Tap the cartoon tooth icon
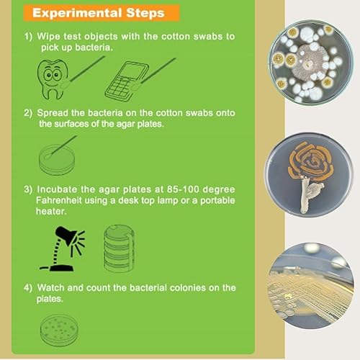pos(53,76)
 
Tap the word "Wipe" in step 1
pos(48,36)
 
